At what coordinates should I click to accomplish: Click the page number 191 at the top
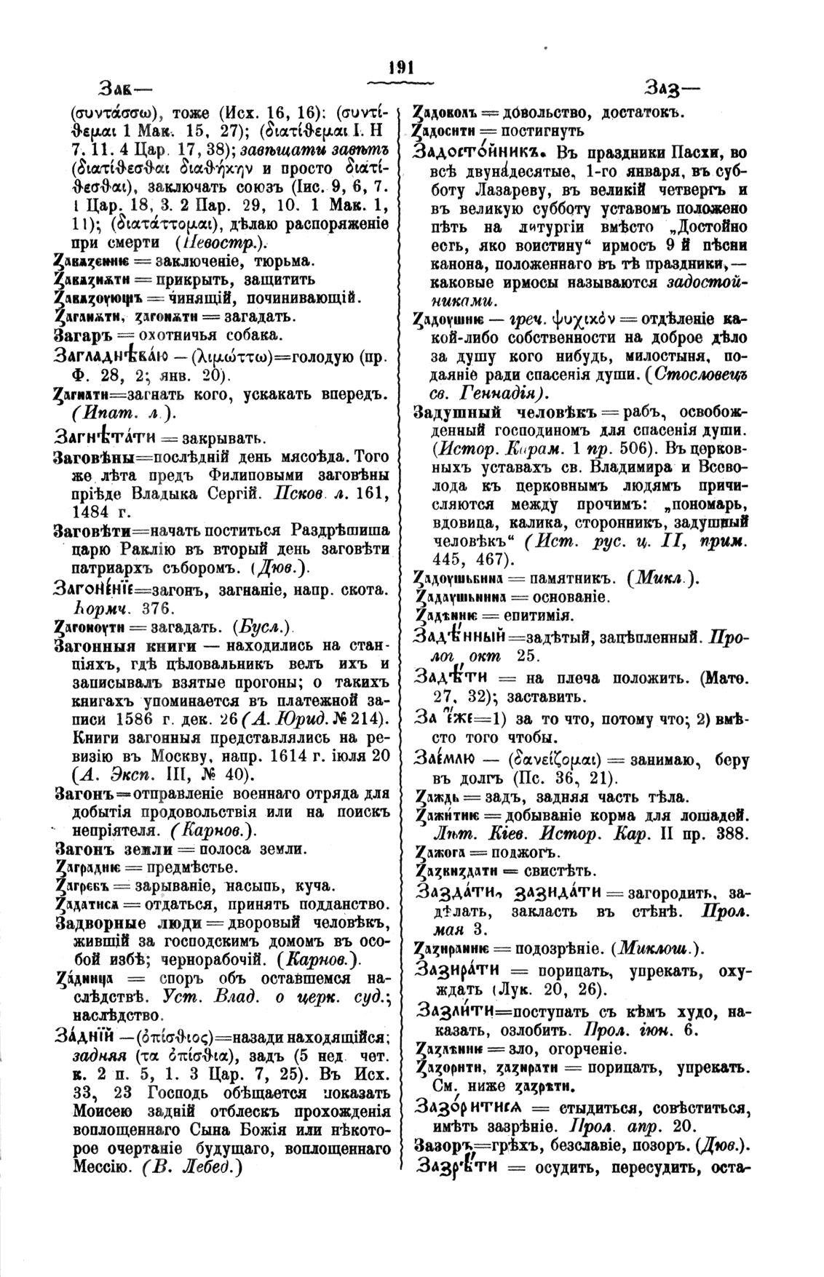coord(401,68)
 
